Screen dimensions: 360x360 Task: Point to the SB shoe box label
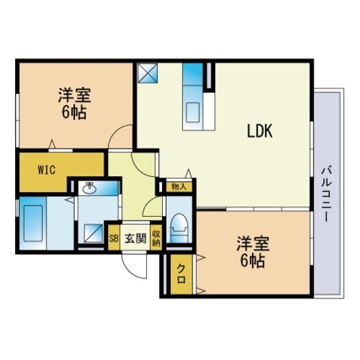click(x=114, y=239)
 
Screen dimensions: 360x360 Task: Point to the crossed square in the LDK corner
click(x=147, y=73)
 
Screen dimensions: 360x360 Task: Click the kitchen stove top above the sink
click(x=193, y=79)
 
